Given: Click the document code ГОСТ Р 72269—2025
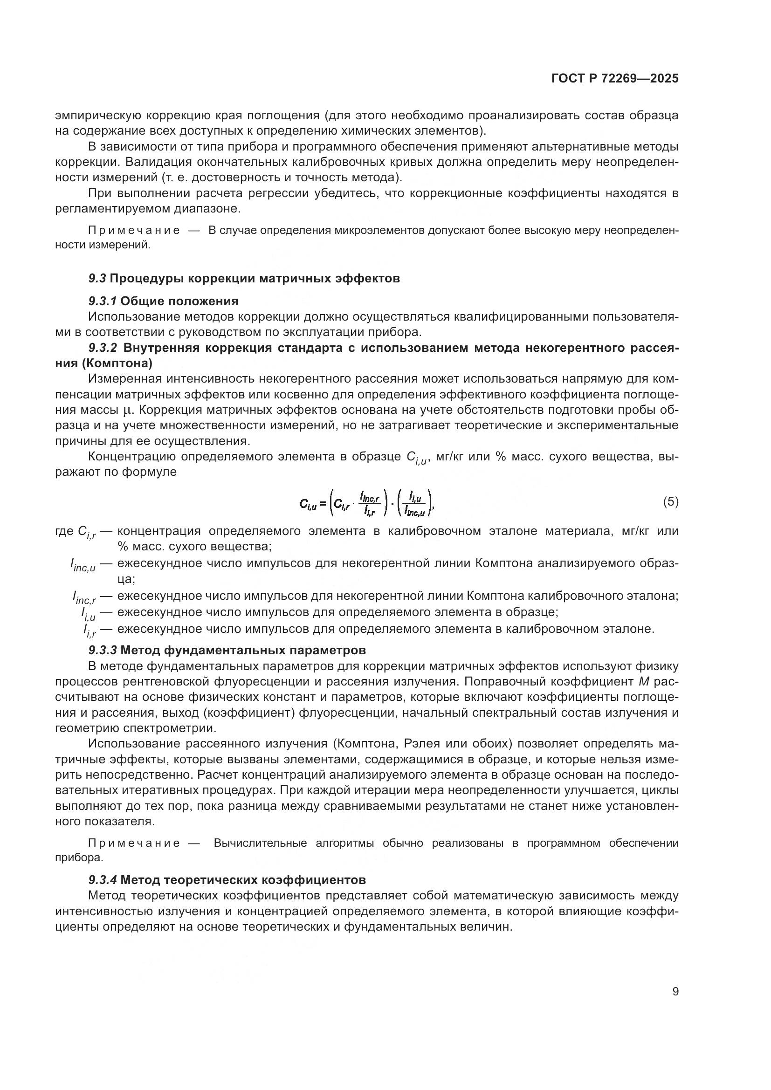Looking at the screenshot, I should point(615,78).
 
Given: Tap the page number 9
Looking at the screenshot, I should point(675,992).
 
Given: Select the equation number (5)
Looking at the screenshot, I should point(670,502).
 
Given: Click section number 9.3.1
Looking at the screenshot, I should point(103,301).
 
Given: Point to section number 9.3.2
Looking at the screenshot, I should point(103,348).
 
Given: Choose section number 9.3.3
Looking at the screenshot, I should point(103,650).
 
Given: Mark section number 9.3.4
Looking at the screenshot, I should point(103,880).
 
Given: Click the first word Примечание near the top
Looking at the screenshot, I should point(134,231).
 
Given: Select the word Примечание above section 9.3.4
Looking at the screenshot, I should point(134,843).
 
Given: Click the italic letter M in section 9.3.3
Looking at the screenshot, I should point(643,682).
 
